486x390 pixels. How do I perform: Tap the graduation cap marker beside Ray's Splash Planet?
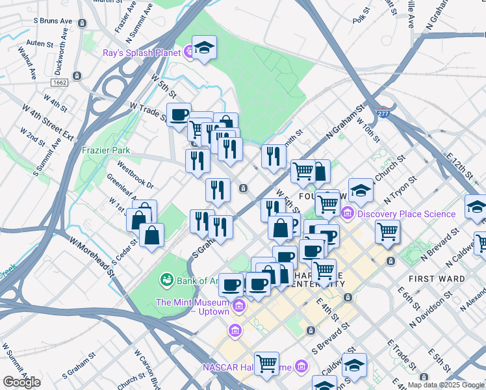[204, 48]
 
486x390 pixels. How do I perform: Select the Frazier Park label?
[106, 150]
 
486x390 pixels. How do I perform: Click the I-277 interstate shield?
[385, 112]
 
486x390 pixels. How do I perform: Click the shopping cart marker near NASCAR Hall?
[266, 363]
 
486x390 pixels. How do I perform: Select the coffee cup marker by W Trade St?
[179, 115]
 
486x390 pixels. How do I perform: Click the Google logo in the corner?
[21, 382]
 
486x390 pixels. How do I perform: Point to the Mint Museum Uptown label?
[192, 307]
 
